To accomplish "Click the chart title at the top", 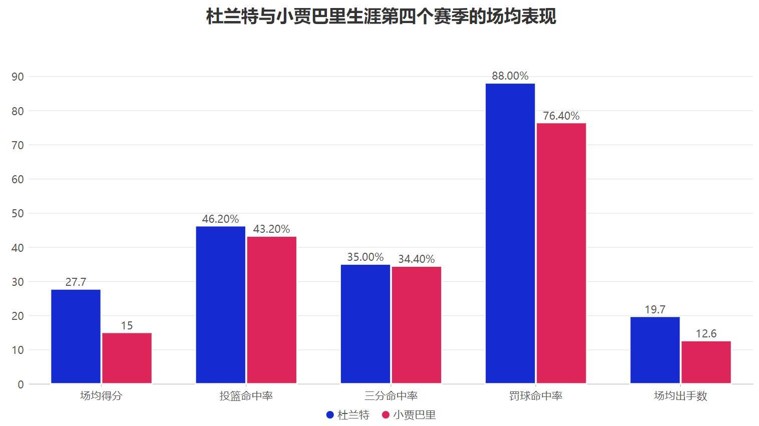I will pos(381,16).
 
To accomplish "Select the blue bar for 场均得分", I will pos(76,336).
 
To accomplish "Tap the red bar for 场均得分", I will pos(127,358).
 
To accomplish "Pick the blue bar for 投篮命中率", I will pos(220,305).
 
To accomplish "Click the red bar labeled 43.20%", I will pos(271,310).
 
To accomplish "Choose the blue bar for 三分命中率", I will pos(365,324).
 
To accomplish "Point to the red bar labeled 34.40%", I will pos(416,325).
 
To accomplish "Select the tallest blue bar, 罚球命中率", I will pos(510,233).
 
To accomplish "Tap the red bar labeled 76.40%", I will pos(561,253).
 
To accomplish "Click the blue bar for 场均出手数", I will pos(655,350).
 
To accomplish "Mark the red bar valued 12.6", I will pos(706,362).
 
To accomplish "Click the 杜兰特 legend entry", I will pos(348,415).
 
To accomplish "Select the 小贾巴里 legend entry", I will pos(409,415).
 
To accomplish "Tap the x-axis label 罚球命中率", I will pos(536,396).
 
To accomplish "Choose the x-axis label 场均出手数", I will pos(680,396).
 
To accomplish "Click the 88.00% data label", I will pos(510,76).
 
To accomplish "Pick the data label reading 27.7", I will pos(76,282).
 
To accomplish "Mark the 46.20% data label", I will pos(220,219).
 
